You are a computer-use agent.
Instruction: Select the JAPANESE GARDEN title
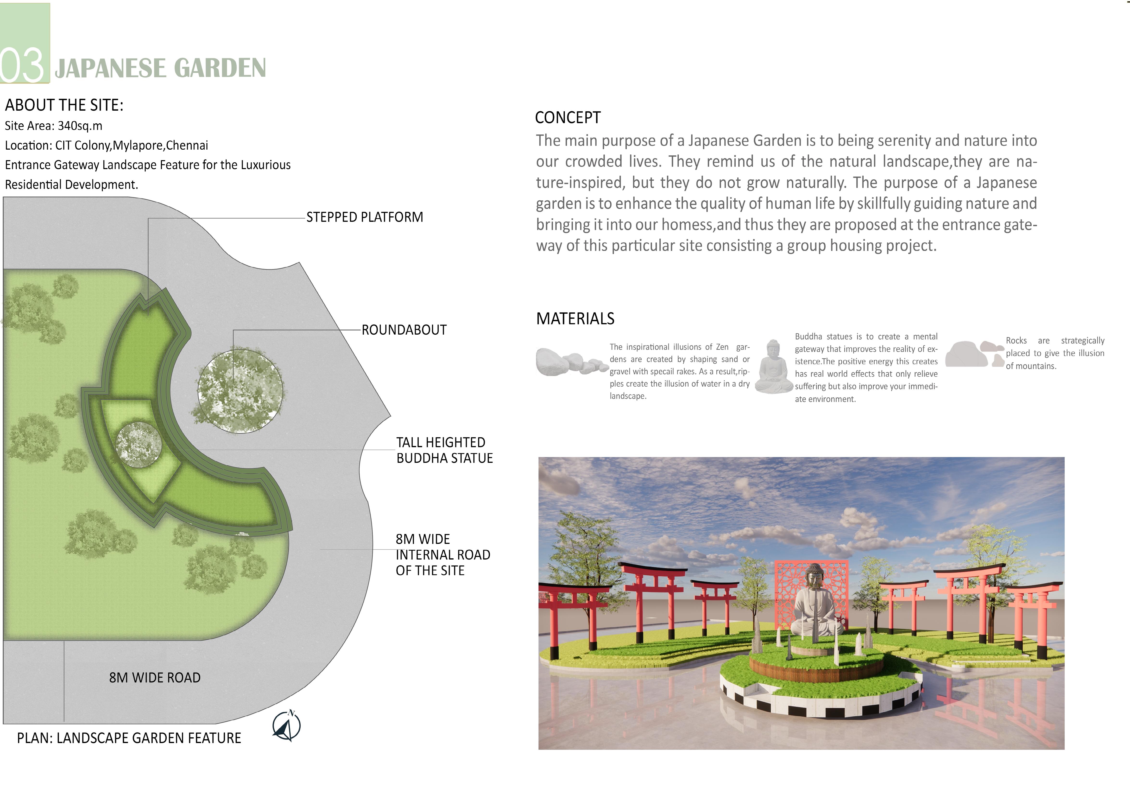(160, 68)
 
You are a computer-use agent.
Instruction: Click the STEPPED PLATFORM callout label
(364, 217)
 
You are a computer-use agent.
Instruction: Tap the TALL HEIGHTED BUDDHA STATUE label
(444, 450)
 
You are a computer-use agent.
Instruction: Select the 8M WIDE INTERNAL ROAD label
(442, 555)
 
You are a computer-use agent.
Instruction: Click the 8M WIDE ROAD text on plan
(155, 678)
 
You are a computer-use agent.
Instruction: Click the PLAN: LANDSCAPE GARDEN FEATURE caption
(129, 738)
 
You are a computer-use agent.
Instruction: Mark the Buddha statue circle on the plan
(138, 445)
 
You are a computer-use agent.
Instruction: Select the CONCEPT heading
(568, 118)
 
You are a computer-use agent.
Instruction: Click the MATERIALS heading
(575, 318)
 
